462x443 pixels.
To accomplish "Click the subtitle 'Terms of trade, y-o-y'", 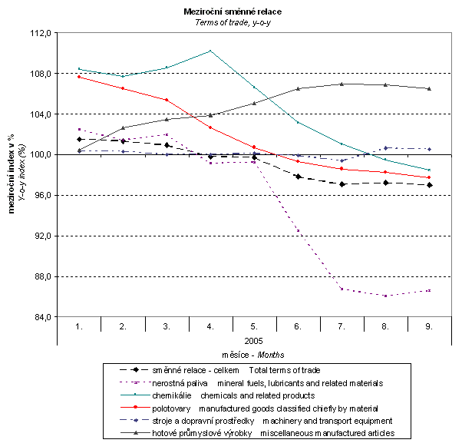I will point(231,23).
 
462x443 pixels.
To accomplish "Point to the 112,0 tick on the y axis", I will point(39,34).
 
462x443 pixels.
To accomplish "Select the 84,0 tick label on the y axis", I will point(39,317).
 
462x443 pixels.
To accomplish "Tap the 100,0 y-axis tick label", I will point(39,155).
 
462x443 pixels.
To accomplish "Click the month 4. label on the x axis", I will point(210,326).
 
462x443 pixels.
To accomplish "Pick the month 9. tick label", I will point(428,326).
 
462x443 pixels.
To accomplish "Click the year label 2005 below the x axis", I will point(254,339).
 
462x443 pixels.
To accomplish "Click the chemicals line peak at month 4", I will point(210,51).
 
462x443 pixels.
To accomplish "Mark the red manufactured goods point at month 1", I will point(79,77).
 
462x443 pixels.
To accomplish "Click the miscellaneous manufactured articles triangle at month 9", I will point(428,88).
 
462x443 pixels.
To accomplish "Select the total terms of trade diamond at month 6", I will point(298,177).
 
